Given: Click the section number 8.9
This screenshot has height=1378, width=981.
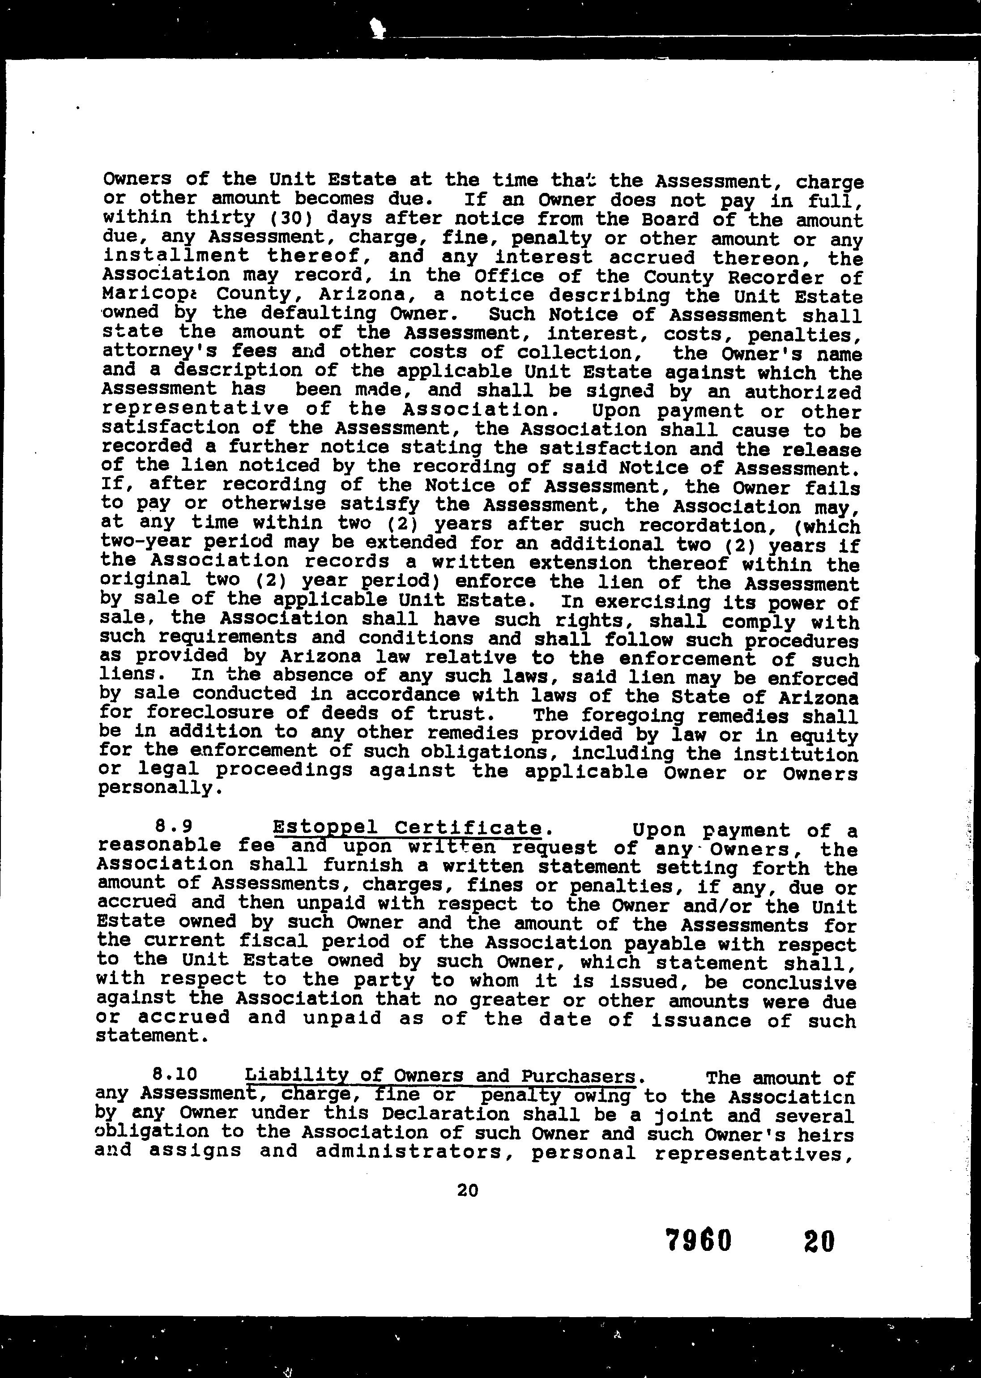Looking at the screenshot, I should pos(171,826).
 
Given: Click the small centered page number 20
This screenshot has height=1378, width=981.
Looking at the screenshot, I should pos(468,1190).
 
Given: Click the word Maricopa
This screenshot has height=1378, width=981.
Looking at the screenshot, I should pos(143,295).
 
